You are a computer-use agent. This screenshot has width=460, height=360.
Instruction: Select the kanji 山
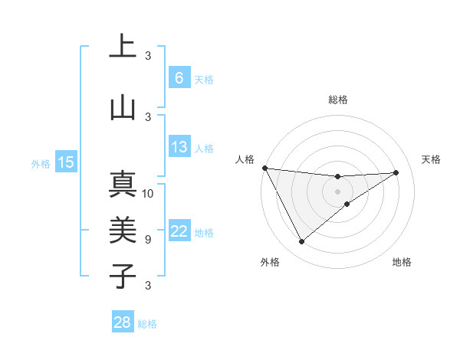pos(123,106)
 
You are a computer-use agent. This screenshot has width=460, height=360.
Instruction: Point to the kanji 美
pos(123,231)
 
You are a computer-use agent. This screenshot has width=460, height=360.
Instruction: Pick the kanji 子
pos(123,276)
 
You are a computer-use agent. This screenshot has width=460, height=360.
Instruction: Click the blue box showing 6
pos(179,78)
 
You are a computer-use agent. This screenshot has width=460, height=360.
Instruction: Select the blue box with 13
pos(179,147)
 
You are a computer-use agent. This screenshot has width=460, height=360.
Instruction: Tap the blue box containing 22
pos(179,232)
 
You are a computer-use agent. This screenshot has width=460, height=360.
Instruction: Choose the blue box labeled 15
pos(66,162)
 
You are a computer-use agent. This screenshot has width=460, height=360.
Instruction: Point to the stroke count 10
pos(148,193)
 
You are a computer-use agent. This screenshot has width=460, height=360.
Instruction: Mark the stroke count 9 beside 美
pos(147,239)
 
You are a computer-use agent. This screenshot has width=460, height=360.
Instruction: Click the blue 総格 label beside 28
pos(147,324)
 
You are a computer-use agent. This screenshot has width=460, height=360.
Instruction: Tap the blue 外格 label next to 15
pos(41,163)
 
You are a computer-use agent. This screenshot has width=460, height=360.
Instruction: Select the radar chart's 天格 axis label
pos(432,159)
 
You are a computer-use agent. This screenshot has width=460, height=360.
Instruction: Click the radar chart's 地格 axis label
pos(402,262)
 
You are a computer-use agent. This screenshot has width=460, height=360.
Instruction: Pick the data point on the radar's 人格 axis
pos(264,168)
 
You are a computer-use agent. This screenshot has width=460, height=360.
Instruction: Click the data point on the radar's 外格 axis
pos(301,242)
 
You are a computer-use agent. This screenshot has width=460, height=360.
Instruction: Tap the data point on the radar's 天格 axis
pos(396,172)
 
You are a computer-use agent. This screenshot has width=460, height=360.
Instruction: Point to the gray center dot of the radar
pos(337,191)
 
